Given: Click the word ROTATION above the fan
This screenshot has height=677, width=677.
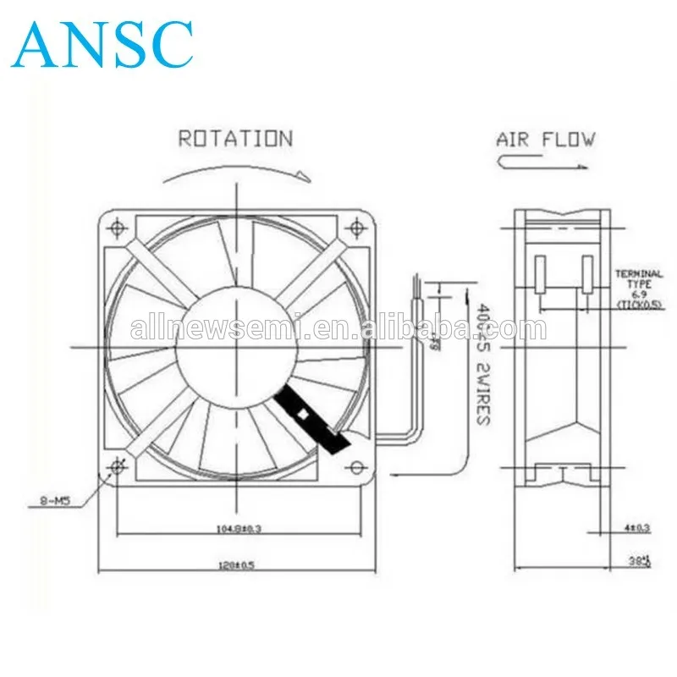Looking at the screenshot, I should [235, 139].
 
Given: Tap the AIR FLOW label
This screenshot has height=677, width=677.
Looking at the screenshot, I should [545, 139].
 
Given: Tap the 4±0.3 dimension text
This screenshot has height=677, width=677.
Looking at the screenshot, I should [636, 528].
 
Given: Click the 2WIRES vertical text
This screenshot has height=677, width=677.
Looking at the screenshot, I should [483, 393].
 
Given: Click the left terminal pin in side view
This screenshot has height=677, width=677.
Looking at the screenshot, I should [540, 276].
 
